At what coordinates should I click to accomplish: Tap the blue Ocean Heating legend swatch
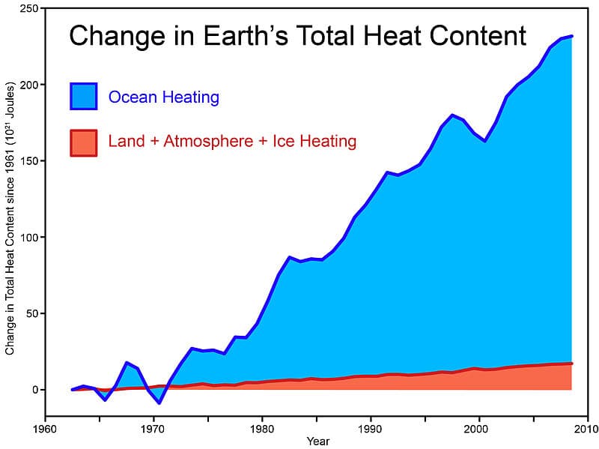pos(83,97)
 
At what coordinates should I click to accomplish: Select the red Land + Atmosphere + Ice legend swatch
pos(83,142)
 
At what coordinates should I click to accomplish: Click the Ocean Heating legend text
pos(163,97)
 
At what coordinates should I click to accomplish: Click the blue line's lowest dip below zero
pos(159,403)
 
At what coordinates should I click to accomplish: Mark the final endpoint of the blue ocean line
pos(572,36)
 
